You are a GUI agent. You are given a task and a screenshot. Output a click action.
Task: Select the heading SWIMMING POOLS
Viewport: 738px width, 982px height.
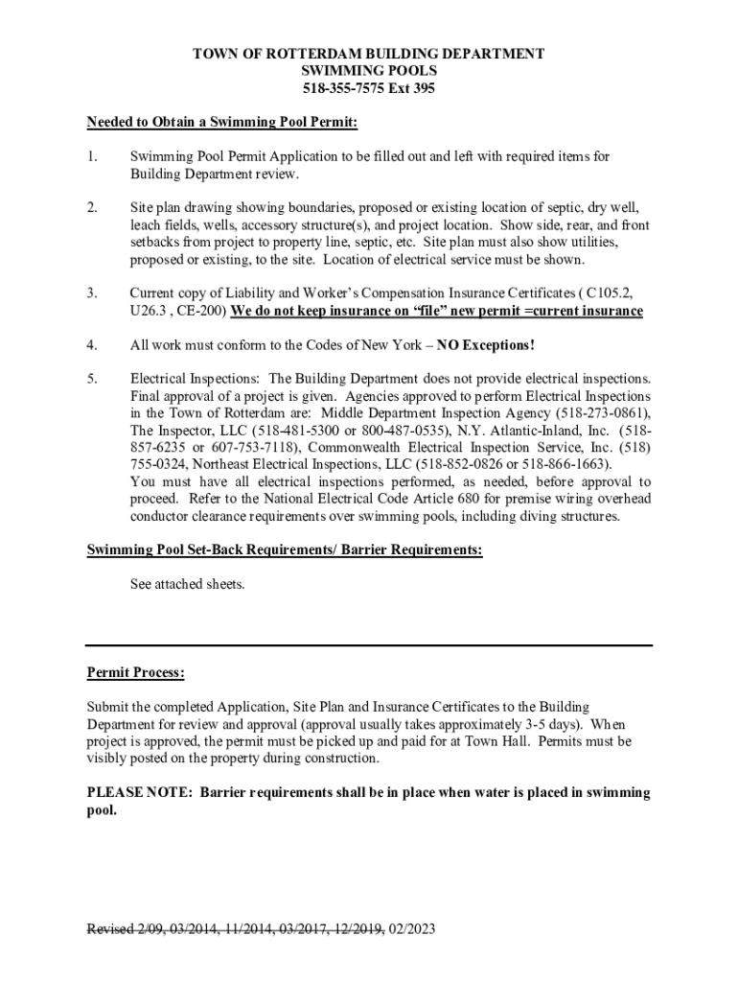[x=369, y=71]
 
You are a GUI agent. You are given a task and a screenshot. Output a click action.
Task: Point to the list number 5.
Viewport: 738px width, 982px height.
[x=91, y=379]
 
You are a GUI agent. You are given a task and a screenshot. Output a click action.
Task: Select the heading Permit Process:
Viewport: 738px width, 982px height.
[x=136, y=673]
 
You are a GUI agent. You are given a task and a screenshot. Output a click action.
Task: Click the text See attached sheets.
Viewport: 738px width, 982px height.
[x=188, y=583]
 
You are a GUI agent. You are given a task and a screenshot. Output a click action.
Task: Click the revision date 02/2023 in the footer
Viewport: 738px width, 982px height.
[x=410, y=929]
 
